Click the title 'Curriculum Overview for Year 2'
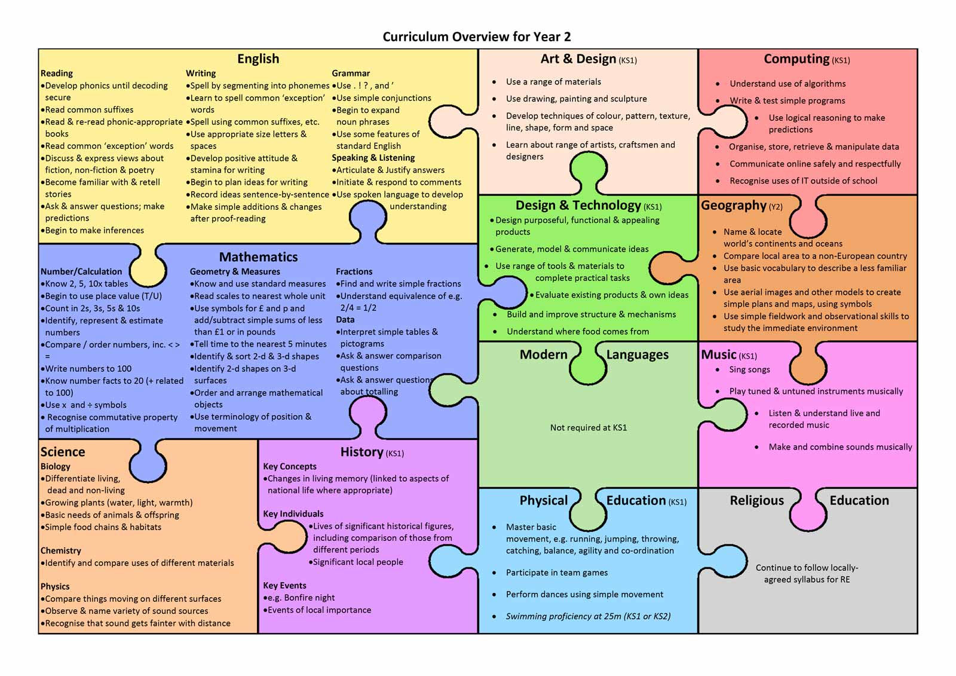coord(476,36)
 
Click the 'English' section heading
coord(258,59)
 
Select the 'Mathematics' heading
coord(258,257)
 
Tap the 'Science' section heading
coord(63,452)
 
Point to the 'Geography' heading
coord(734,206)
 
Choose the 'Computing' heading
coord(797,59)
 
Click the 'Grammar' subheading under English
coord(351,74)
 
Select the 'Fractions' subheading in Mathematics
coord(354,271)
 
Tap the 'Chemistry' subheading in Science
coord(60,550)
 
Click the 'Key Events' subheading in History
coord(284,586)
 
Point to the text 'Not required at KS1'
coord(588,427)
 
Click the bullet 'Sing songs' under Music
coord(749,369)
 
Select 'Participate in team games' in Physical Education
coord(556,573)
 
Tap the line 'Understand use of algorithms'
coord(788,84)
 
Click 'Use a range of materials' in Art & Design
coord(553,81)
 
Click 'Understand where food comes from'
coord(577,331)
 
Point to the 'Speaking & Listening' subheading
coord(373,158)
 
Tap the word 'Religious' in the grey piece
coord(756,500)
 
